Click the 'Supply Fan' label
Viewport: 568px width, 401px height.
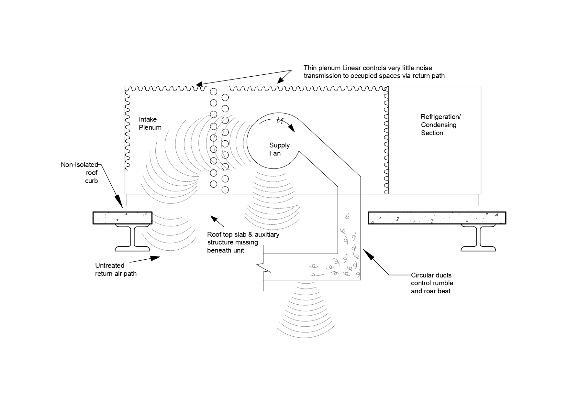(279, 149)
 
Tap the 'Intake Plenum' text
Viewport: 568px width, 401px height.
(150, 123)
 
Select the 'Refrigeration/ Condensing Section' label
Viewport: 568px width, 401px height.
(440, 125)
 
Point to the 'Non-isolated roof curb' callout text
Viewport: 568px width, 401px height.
(80, 173)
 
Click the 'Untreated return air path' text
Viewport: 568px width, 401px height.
(116, 269)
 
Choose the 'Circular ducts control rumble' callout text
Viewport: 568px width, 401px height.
(432, 283)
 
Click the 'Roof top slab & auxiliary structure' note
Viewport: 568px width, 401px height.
(243, 242)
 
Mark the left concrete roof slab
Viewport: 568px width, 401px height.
(122, 218)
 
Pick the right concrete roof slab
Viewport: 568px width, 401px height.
(437, 218)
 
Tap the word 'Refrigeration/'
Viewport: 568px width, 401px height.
(440, 117)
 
